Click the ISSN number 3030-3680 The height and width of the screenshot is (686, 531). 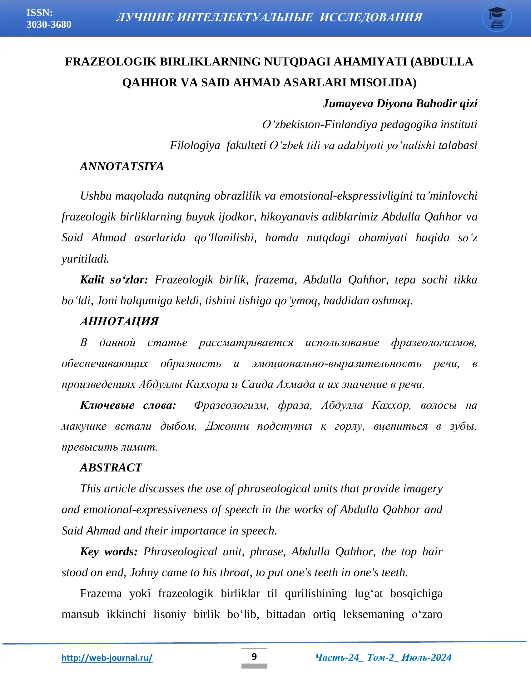49,25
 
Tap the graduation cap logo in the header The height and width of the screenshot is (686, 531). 497,17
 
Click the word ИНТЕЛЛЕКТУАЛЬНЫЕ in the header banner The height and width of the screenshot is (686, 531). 245,17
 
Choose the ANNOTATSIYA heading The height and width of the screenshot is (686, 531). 122,167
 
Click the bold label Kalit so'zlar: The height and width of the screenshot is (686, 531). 114,280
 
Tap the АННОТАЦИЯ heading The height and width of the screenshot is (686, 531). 119,321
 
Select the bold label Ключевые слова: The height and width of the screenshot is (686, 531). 128,405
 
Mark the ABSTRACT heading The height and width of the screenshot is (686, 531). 111,468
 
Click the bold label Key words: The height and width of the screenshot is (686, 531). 109,552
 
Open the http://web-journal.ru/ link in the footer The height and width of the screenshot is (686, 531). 107,657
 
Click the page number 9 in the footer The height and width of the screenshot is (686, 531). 254,656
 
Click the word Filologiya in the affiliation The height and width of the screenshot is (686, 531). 195,145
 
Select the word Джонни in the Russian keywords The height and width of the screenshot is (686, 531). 227,426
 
